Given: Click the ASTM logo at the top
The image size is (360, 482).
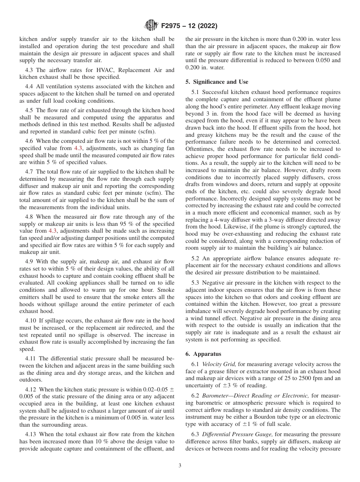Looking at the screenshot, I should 152,26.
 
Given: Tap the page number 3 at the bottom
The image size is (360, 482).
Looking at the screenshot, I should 180,466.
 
